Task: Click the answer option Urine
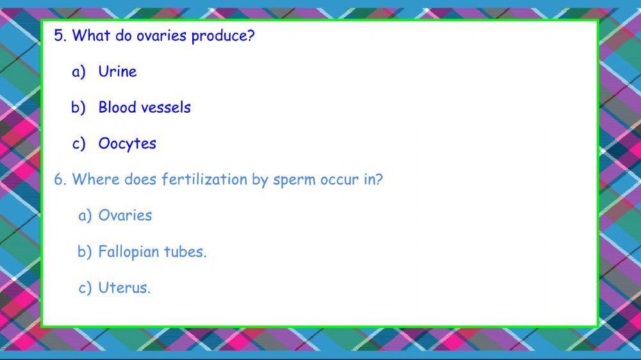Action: (117, 72)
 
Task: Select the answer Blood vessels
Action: (144, 108)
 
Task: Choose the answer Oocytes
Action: (127, 144)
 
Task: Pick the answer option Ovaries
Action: (125, 216)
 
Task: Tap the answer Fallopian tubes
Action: (152, 252)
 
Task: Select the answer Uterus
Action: (124, 288)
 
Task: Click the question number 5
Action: (60, 36)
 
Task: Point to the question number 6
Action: (60, 180)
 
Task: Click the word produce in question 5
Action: (222, 37)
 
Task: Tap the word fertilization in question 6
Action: (204, 180)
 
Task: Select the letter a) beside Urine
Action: (79, 72)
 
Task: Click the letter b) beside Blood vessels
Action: (78, 108)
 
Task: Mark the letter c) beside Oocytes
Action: (79, 144)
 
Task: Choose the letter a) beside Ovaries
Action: (85, 216)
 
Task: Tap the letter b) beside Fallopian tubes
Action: (85, 252)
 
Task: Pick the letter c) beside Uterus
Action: (85, 288)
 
